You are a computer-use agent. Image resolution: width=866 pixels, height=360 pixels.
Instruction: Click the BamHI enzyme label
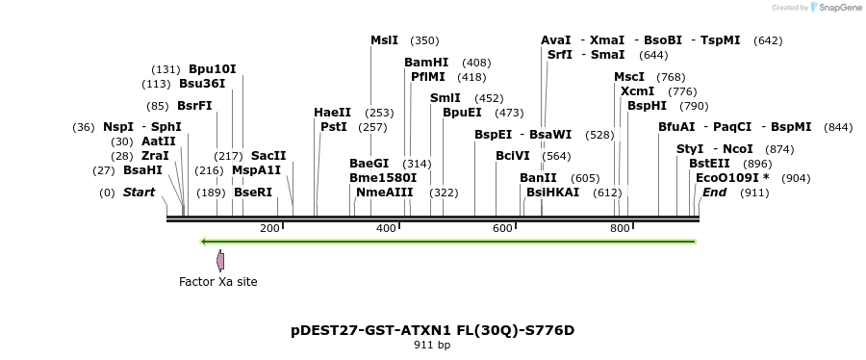[426, 63]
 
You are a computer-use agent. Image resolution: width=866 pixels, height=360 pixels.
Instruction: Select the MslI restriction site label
[384, 40]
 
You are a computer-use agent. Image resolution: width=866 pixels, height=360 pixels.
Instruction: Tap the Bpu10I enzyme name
[212, 69]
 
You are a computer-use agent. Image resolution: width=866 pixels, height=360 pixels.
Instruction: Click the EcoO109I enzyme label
[728, 178]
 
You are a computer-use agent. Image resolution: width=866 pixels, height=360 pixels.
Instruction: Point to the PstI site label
[333, 127]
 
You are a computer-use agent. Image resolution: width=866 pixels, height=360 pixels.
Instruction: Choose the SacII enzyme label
[268, 155]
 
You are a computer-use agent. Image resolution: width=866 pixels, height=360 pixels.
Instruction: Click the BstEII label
[709, 164]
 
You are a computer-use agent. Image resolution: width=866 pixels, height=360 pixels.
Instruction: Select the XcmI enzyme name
[637, 91]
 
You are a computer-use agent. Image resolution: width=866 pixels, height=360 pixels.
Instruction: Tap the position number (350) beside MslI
[424, 40]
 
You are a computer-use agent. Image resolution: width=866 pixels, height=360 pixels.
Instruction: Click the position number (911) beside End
[754, 193]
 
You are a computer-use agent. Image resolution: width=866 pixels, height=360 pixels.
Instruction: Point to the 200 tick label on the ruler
[269, 228]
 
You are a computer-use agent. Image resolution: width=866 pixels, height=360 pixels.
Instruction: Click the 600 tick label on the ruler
[502, 228]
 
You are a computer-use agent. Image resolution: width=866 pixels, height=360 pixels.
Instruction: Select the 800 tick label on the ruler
[620, 228]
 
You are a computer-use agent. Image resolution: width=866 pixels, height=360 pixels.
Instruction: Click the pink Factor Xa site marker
[220, 260]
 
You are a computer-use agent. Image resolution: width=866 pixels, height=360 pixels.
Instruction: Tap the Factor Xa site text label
[218, 282]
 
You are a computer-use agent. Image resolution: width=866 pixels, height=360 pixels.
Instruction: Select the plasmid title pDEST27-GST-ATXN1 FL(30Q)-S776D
[432, 330]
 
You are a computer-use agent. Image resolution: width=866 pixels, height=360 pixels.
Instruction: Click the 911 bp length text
[432, 345]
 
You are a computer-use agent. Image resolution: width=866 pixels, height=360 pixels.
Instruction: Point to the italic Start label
[139, 193]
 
